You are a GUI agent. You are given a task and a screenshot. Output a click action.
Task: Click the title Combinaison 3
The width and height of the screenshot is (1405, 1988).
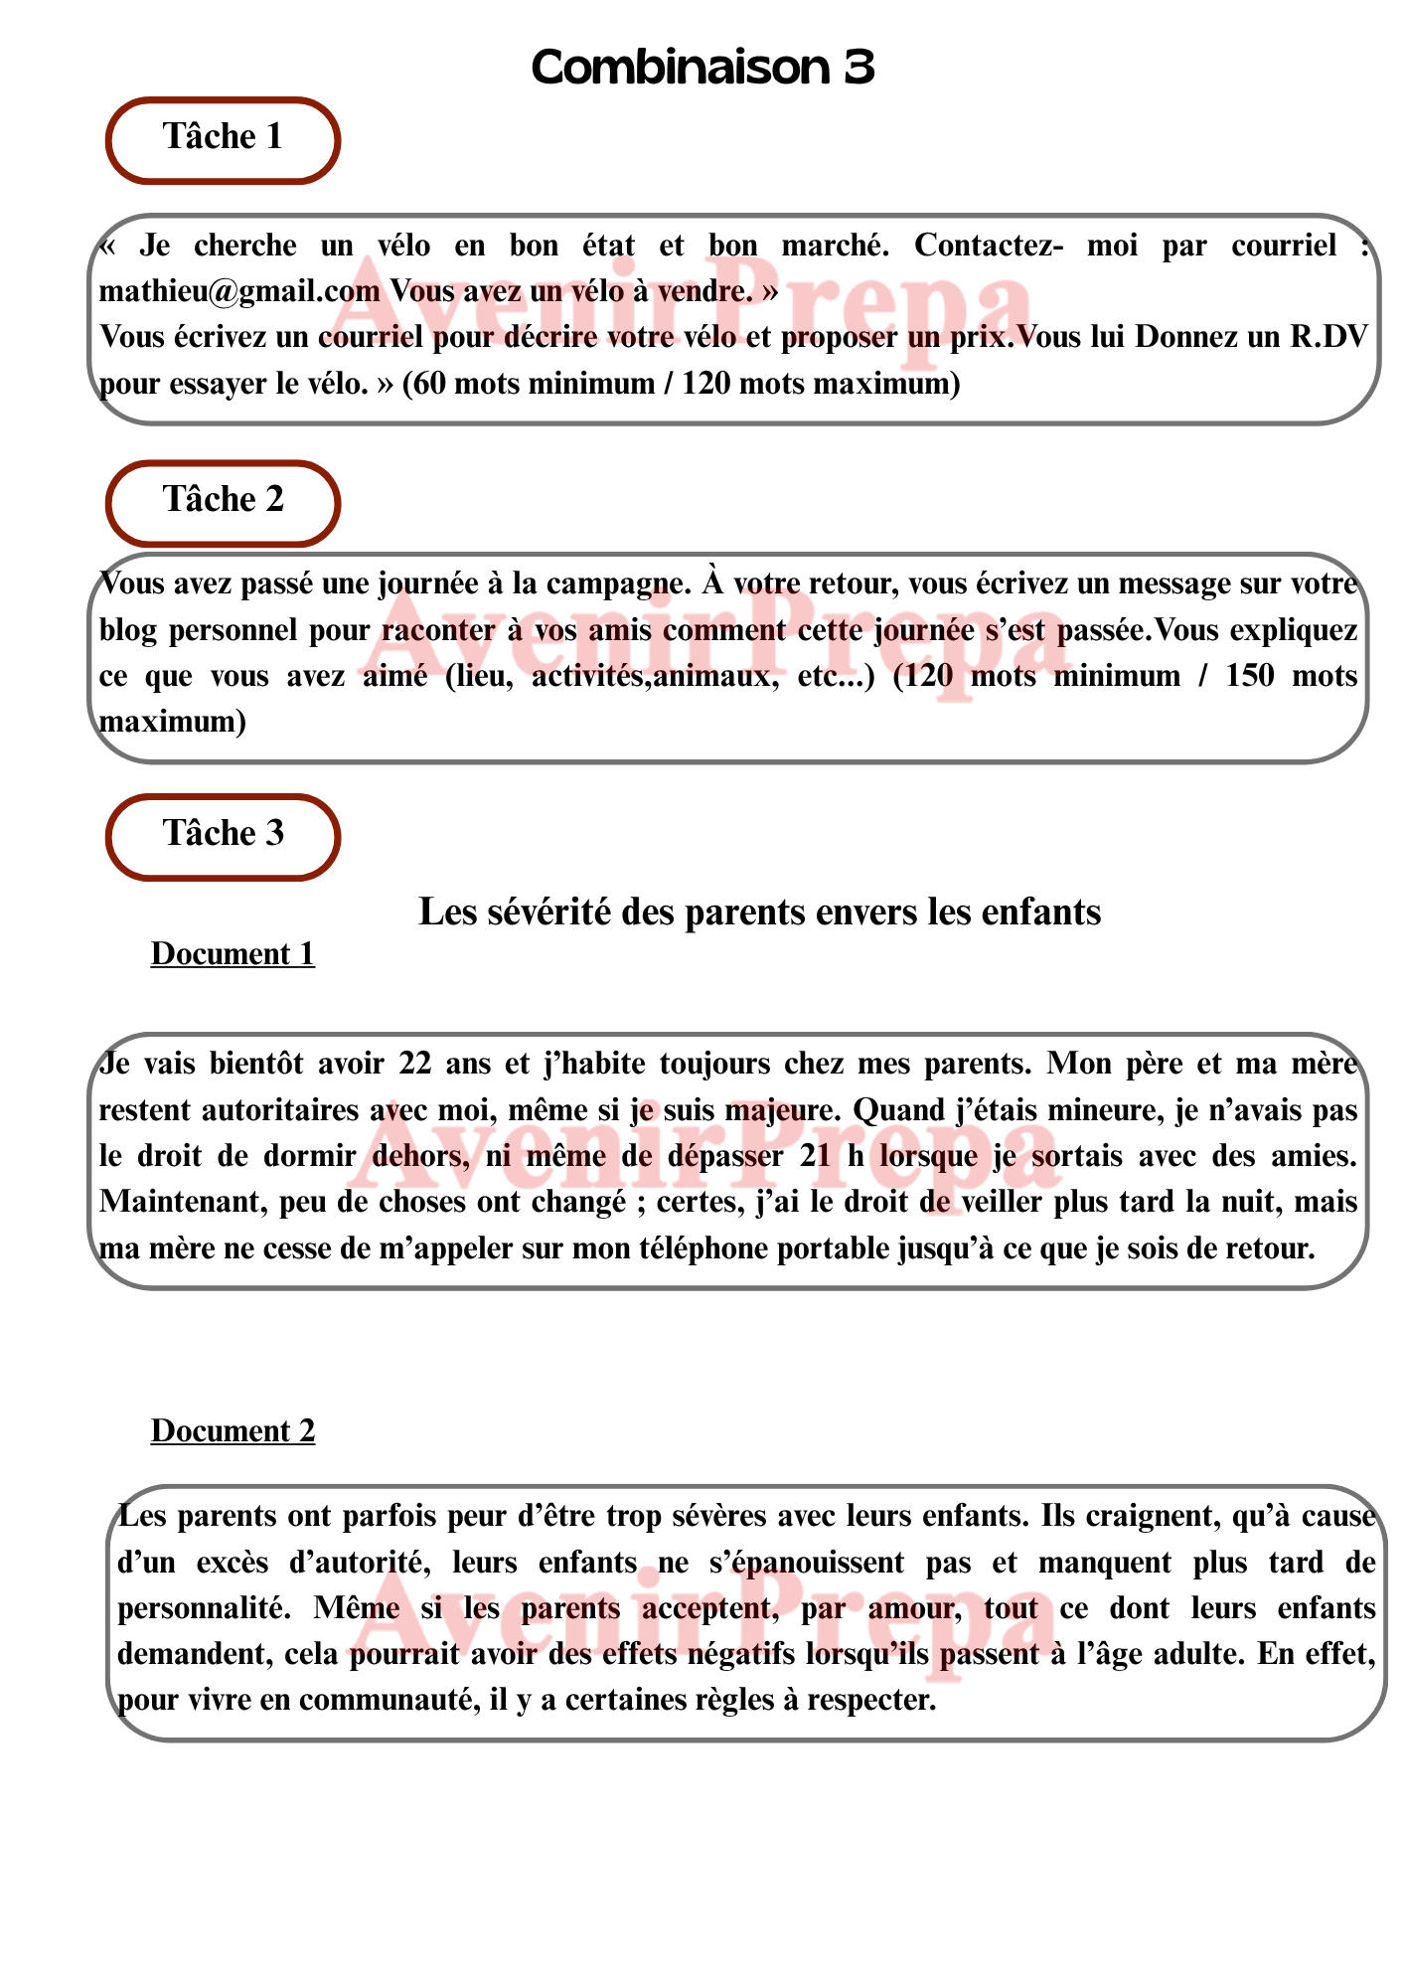[702, 68]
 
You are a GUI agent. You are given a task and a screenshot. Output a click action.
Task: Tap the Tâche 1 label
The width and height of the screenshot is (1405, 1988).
[223, 137]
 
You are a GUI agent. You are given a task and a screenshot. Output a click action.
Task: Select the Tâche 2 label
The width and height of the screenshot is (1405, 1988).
[223, 500]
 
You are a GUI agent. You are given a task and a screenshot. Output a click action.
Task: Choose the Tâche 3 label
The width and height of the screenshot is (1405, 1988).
[223, 834]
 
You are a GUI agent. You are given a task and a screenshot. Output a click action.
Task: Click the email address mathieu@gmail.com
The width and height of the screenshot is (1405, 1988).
[239, 291]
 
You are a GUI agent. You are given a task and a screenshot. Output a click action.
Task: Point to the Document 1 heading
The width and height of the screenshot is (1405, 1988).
[233, 954]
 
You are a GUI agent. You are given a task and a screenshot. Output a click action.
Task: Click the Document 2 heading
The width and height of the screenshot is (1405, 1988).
[233, 1431]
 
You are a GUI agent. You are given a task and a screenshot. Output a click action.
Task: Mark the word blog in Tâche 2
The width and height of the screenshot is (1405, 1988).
[128, 630]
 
